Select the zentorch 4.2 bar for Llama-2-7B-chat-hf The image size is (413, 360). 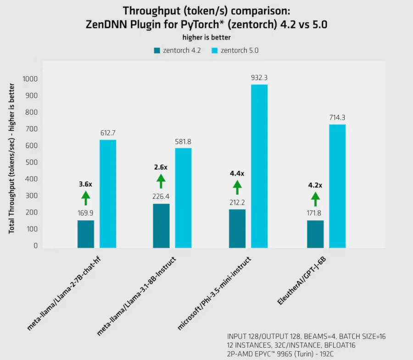point(85,234)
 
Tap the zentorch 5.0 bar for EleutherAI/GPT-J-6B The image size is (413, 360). point(337,186)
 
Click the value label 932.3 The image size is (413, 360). point(259,78)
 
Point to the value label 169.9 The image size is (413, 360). point(86,213)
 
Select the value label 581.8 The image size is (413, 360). point(183,141)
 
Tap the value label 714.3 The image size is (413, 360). point(337,118)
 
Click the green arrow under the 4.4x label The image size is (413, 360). point(237,187)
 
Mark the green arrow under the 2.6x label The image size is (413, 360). point(161,181)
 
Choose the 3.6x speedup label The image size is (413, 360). point(85,184)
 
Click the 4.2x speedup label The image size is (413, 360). point(315,185)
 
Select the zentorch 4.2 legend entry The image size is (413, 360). point(177,50)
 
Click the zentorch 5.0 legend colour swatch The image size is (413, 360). point(215,50)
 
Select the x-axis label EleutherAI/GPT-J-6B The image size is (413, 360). point(301,280)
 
